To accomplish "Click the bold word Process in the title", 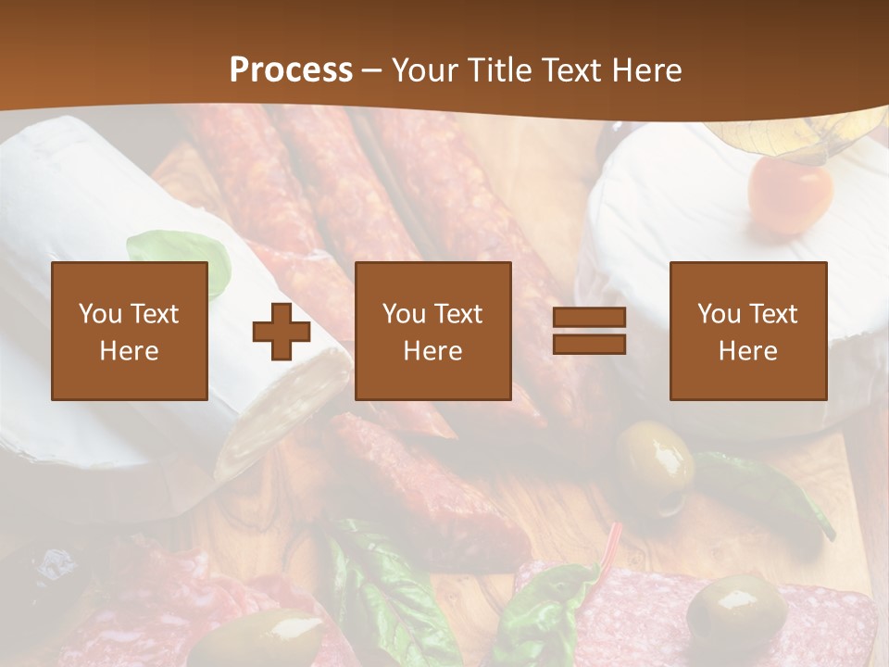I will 291,70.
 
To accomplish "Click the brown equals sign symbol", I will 589,331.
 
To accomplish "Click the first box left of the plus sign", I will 130,331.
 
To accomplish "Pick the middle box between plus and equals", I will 432,331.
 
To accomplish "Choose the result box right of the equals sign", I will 747,331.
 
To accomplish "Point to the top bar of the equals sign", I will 589,318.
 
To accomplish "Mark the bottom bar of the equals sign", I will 589,344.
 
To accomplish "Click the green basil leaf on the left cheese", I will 181,254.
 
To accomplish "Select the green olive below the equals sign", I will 657,456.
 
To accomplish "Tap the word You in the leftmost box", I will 100,314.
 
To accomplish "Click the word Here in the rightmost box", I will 747,351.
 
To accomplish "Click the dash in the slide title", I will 371,70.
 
